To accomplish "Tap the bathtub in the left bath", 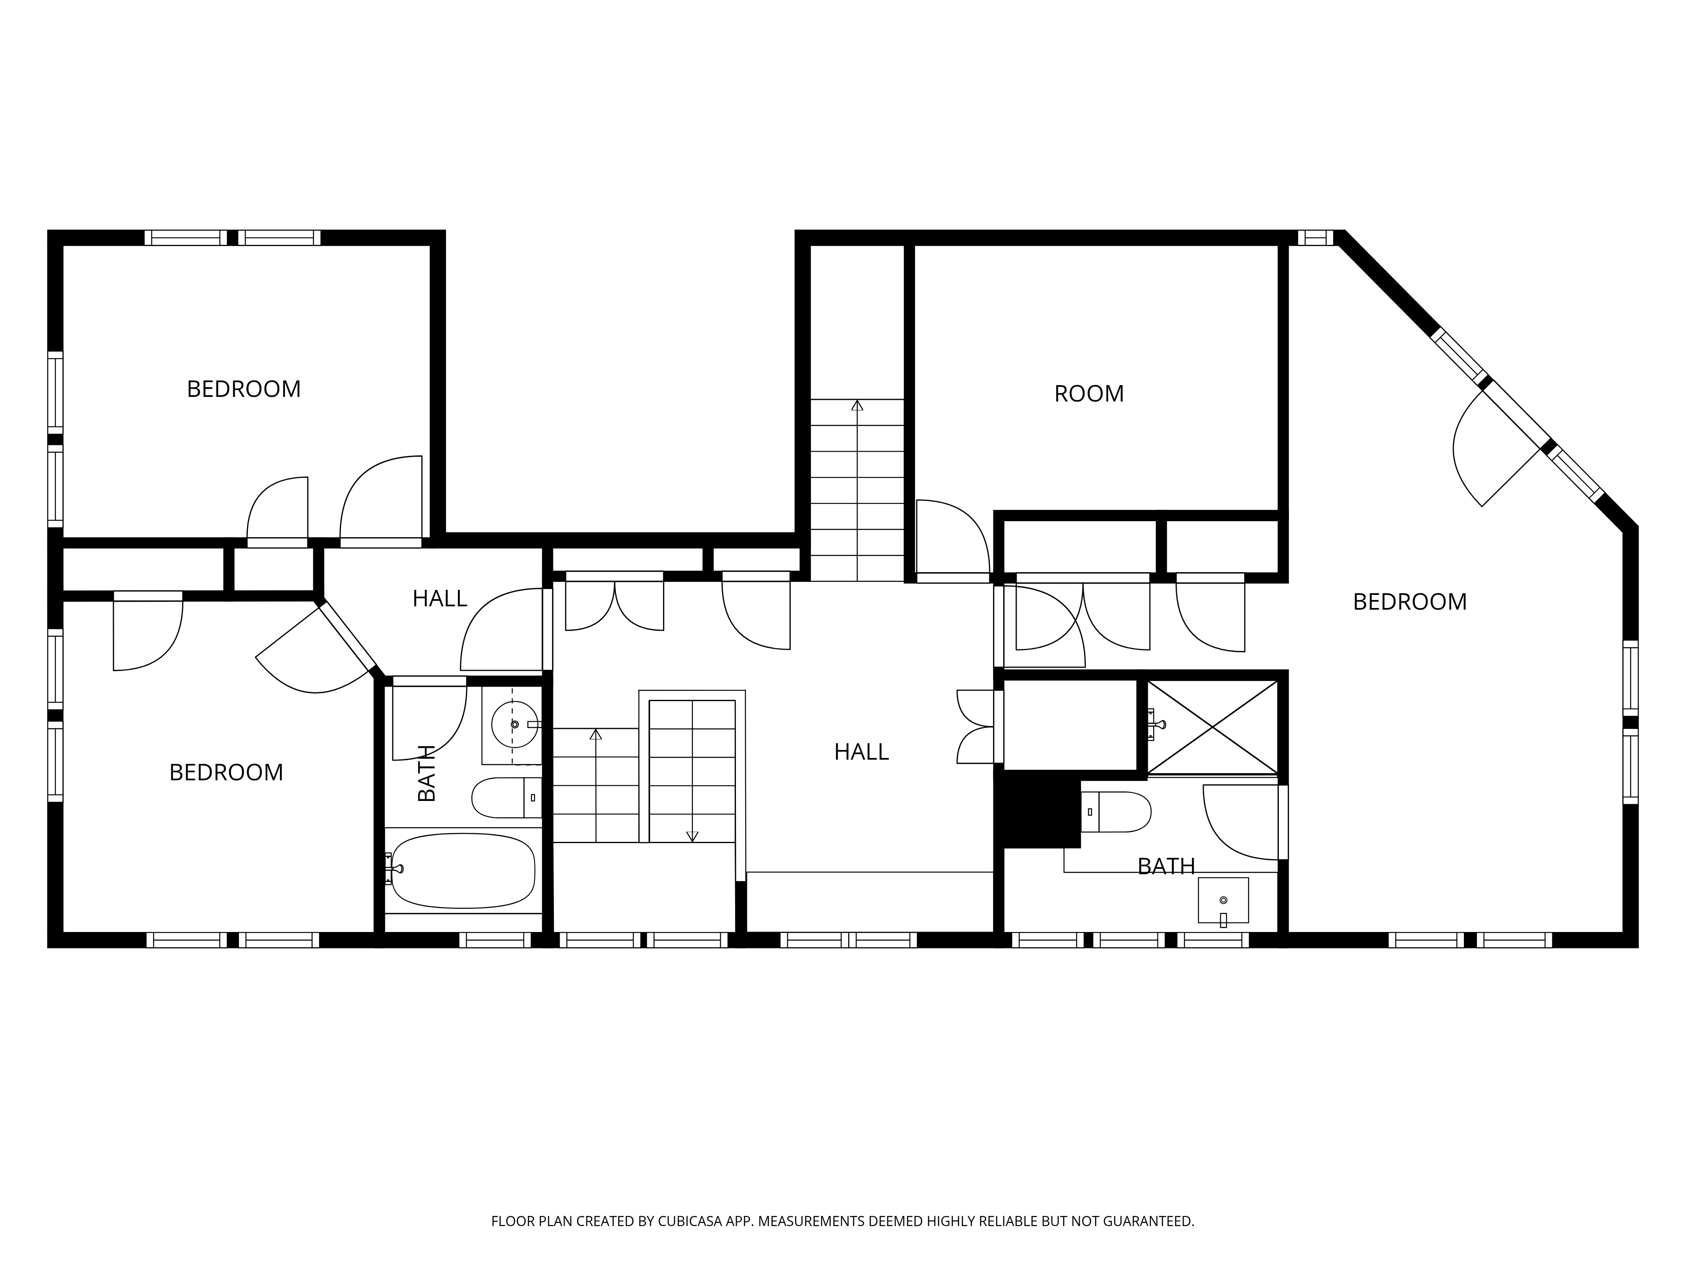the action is click(x=463, y=870).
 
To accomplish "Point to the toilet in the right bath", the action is click(x=1116, y=811).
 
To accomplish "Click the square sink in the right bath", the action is click(x=1223, y=900).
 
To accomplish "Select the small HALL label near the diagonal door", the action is click(x=440, y=599).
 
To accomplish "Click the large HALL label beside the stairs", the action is click(x=861, y=752).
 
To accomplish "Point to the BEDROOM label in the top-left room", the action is click(x=244, y=389).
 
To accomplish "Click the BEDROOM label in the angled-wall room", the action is click(x=1409, y=602).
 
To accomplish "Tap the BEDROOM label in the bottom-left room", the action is click(x=226, y=773).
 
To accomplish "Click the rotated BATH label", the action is click(x=427, y=773).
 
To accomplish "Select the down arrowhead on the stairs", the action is click(x=692, y=837).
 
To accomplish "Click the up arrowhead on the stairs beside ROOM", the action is click(x=857, y=405).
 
